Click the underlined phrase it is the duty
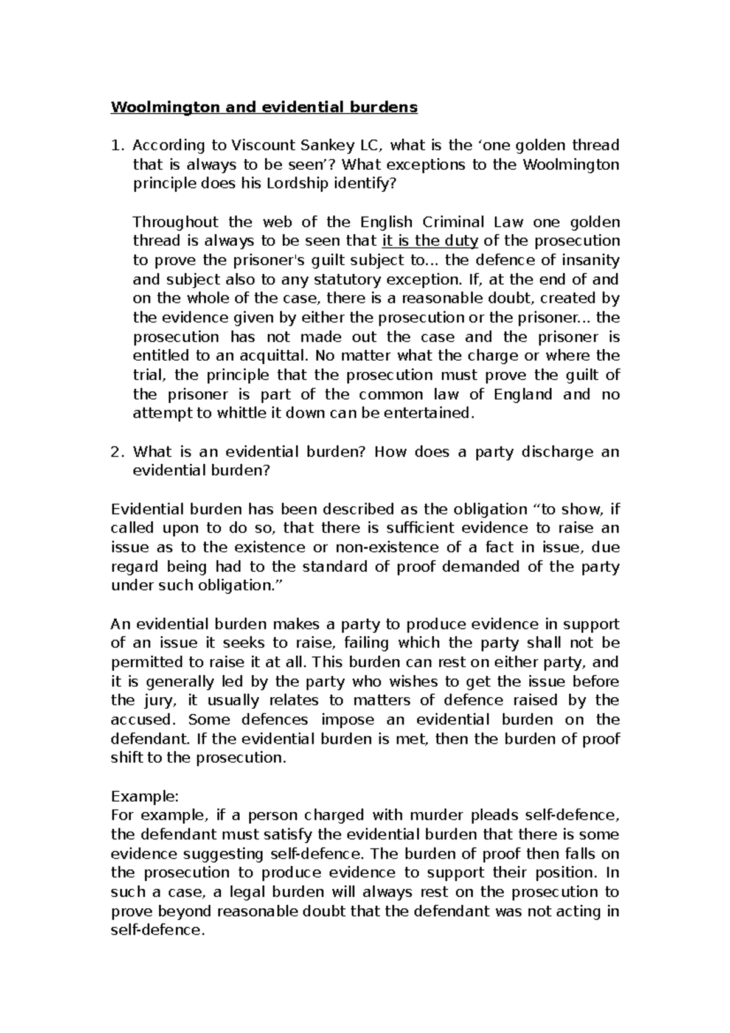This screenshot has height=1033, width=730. click(430, 241)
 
